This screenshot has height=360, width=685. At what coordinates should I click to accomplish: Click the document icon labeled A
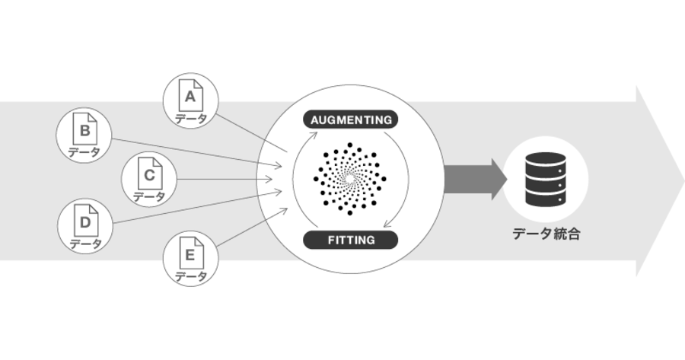coord(191,95)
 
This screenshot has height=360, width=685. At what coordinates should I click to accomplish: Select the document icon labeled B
coord(84,129)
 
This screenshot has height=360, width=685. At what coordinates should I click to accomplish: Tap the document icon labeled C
coord(150,174)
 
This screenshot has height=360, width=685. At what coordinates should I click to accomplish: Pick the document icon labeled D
coord(85,220)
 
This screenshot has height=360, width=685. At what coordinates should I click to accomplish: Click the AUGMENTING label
coord(351,119)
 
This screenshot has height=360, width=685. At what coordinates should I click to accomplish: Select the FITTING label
coord(351,240)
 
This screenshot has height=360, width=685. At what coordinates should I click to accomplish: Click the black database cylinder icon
coord(546,179)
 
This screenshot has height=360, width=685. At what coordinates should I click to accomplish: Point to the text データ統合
coord(546,234)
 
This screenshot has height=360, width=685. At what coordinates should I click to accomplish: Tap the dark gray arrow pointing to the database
coord(475,179)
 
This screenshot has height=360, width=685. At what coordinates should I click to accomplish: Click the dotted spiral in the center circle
coord(350,179)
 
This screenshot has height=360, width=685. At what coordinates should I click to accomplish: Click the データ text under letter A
coord(191,119)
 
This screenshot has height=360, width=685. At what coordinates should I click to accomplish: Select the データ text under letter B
coord(84,152)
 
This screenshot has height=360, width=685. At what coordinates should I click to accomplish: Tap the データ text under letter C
coord(149,197)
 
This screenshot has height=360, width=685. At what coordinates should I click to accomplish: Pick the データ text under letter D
coord(85,244)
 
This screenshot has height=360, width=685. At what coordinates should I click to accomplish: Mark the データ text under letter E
coord(191,276)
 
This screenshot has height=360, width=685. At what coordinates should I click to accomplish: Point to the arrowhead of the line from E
coord(283,212)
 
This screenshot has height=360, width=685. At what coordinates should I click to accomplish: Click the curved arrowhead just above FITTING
coord(388,224)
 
